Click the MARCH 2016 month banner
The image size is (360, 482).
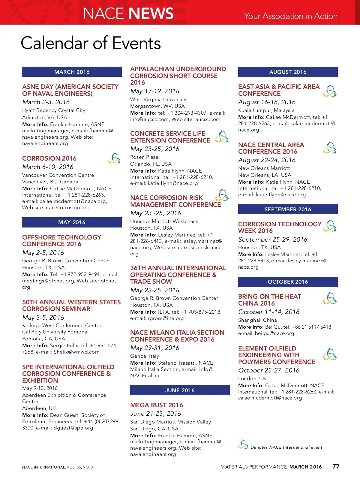(x=72, y=72)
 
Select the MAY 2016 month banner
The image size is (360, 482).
(x=72, y=222)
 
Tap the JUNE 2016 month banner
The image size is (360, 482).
(x=180, y=390)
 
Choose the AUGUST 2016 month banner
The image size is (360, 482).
(x=288, y=72)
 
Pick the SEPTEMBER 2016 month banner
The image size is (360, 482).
(x=288, y=209)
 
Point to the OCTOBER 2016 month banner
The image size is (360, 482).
(x=288, y=282)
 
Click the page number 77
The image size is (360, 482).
(x=336, y=466)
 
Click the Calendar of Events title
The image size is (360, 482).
(x=91, y=43)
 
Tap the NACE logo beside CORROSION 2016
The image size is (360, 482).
(x=114, y=158)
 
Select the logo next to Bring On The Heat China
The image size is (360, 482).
(x=330, y=298)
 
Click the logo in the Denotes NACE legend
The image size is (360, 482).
(x=243, y=444)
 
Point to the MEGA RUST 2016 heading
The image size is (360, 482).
(x=157, y=405)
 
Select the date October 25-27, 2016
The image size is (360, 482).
(x=269, y=370)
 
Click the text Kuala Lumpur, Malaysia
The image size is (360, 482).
(x=266, y=110)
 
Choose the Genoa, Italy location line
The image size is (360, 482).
(x=145, y=356)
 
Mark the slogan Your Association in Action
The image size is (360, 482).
(x=291, y=16)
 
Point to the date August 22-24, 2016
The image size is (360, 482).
(x=267, y=160)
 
